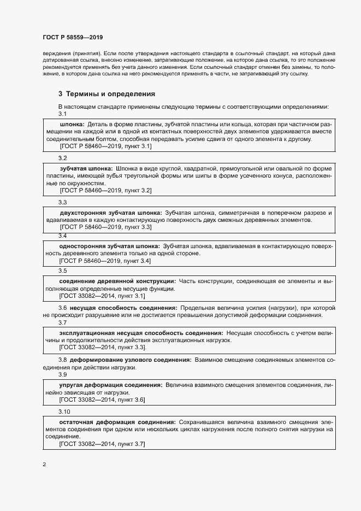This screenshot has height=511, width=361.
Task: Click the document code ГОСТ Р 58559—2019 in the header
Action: point(73,37)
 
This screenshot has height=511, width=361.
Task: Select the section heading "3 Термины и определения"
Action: point(106,93)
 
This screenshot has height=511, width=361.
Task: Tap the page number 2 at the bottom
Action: point(44,464)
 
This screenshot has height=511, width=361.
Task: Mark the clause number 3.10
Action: point(64,411)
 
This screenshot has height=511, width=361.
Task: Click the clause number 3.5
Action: point(62,271)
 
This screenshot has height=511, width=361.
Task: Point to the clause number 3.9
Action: point(62,375)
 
